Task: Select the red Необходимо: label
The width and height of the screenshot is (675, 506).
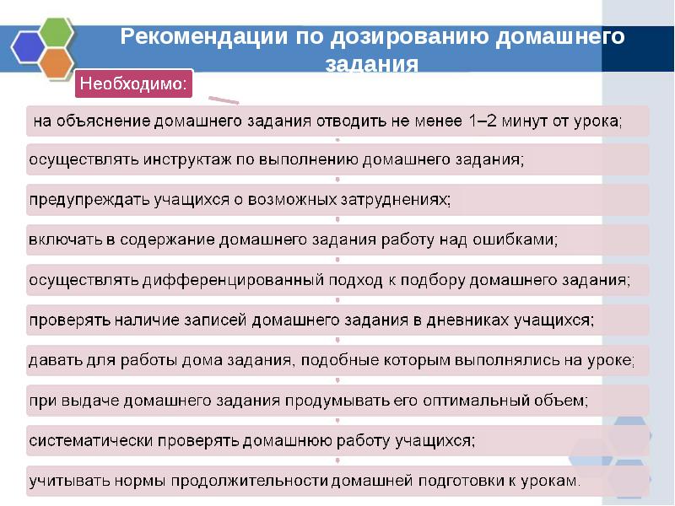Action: point(136,84)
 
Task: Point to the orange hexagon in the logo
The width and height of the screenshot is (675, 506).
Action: point(56,63)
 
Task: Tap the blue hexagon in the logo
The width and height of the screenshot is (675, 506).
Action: point(26,48)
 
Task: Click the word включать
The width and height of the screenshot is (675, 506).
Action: point(66,240)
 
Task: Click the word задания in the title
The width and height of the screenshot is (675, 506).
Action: point(372,63)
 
